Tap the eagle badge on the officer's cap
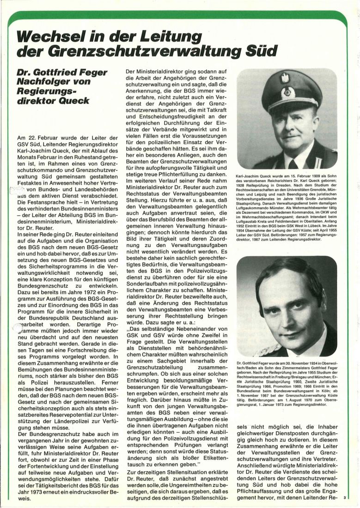coord(285,78)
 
